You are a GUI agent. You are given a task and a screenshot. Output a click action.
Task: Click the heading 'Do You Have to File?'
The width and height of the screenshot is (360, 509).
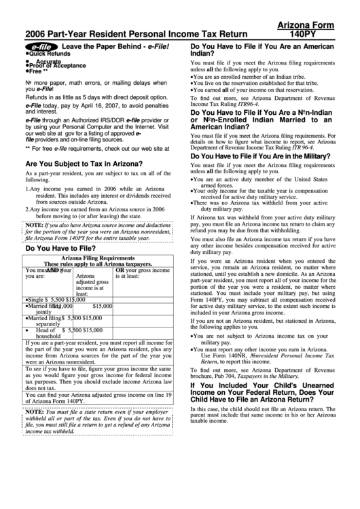(x=59, y=249)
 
